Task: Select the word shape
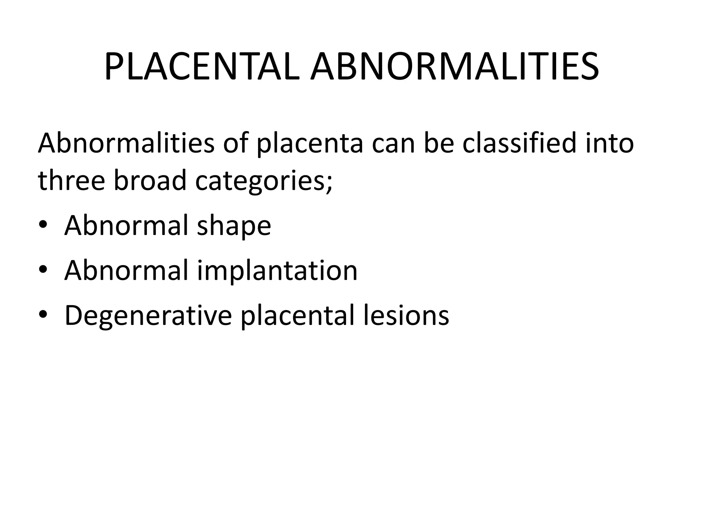tap(234, 226)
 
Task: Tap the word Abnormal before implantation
tap(126, 271)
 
